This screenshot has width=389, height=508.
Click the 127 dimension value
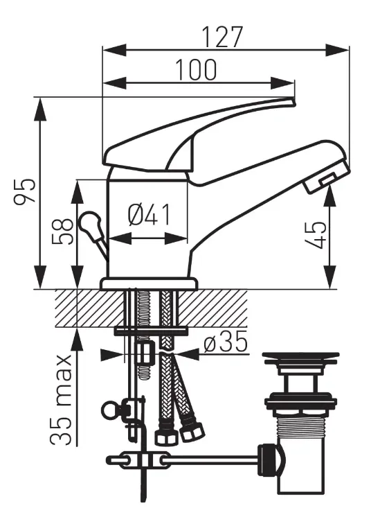(x=222, y=37)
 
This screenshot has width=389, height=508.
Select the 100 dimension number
(x=196, y=70)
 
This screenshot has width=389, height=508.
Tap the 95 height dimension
(x=25, y=191)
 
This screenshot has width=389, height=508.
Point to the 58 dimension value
(x=62, y=231)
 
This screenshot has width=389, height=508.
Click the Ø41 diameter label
(x=149, y=215)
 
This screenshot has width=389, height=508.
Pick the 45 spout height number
(x=316, y=235)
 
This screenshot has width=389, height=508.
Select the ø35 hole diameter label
(x=226, y=342)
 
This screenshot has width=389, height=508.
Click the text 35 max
(x=61, y=400)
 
